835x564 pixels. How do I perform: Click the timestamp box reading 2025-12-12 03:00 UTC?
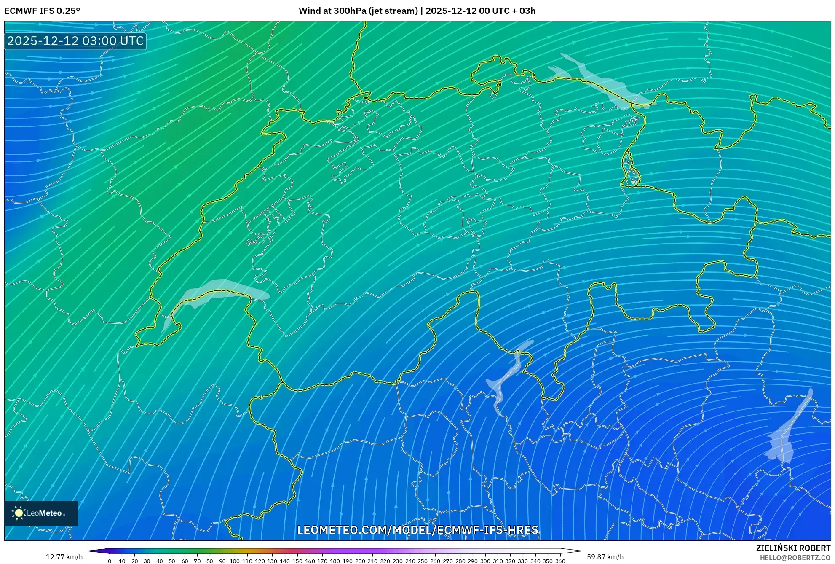click(75, 41)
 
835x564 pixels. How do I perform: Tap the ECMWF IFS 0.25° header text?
click(42, 11)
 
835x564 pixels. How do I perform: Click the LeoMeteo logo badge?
click(41, 513)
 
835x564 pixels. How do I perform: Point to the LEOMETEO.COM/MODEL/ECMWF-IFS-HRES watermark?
click(417, 530)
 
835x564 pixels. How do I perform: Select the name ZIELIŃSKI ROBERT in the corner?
click(793, 548)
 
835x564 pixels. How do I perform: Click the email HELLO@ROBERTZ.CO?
click(795, 558)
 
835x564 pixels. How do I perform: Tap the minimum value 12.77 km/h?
click(64, 557)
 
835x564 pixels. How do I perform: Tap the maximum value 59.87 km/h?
click(605, 557)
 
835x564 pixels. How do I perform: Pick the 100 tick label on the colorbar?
click(235, 561)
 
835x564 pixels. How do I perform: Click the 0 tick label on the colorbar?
click(110, 561)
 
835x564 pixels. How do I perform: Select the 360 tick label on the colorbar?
click(560, 561)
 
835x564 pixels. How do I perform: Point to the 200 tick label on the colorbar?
click(360, 561)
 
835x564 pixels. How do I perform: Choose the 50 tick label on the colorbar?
click(172, 561)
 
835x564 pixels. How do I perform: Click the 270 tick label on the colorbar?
click(447, 561)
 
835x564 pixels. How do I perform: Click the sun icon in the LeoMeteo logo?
click(19, 513)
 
